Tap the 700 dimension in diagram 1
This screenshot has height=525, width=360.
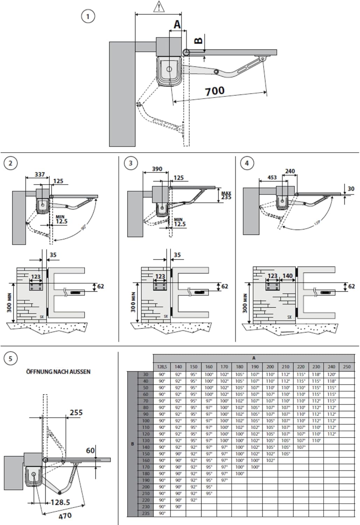pos(214,91)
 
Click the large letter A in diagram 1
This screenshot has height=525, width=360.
pos(177,24)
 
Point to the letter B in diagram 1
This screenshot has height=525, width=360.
pos(198,41)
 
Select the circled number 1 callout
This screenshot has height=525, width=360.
pos(88,16)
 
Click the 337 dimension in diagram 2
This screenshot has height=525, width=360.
pos(40,174)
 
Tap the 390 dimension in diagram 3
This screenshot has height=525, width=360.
pos(157,169)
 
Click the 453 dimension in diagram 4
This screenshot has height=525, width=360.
pos(272,177)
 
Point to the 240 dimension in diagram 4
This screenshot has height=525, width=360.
pos(290,171)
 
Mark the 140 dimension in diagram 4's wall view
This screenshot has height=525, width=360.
pos(287,276)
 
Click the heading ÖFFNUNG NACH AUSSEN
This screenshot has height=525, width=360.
pos(58,372)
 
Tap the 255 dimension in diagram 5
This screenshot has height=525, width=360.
pos(76,413)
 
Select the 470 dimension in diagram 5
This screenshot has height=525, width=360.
pos(65,516)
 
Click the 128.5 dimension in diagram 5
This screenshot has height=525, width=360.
pos(60,502)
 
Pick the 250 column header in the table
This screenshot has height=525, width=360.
pos(347,367)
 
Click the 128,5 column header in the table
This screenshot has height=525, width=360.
pos(162,367)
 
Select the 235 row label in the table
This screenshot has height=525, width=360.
pos(146,513)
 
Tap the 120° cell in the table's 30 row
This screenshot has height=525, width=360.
pos(331,374)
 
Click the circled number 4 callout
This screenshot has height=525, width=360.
pos(247,163)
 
